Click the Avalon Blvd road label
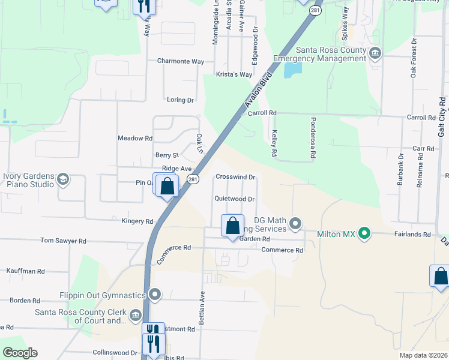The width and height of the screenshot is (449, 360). click(x=259, y=90)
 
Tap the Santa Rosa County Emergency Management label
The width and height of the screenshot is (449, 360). click(x=319, y=54)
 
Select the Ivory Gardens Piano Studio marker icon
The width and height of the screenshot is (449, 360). click(x=62, y=179)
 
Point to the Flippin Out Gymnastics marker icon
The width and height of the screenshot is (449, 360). click(x=155, y=295)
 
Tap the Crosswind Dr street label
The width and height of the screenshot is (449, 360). click(x=236, y=177)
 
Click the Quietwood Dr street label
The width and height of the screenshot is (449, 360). click(x=235, y=199)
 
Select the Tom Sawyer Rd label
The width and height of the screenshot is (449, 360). click(x=63, y=241)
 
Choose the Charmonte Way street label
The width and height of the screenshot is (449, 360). click(x=181, y=61)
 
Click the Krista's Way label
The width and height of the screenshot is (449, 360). click(x=234, y=74)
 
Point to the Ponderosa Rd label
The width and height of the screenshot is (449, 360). click(x=313, y=138)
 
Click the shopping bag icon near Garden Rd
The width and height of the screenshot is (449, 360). click(x=232, y=226)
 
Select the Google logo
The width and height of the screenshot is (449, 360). click(x=20, y=353)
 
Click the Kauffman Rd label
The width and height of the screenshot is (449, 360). click(x=25, y=271)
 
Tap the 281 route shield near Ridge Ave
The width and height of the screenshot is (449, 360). click(x=192, y=179)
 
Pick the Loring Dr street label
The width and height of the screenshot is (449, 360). click(x=181, y=100)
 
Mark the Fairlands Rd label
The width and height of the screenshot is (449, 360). click(x=412, y=235)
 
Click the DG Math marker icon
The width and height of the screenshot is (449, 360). click(x=295, y=224)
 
